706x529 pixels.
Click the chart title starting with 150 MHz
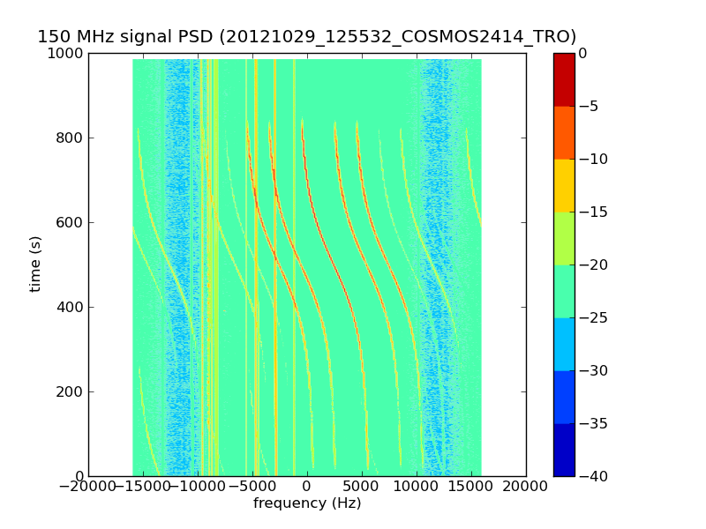pyautogui.click(x=306, y=36)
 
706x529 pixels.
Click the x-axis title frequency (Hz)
pyautogui.click(x=306, y=503)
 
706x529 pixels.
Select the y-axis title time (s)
pyautogui.click(x=35, y=264)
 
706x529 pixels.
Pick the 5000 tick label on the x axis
pyautogui.click(x=361, y=486)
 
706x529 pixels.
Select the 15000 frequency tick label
pyautogui.click(x=471, y=486)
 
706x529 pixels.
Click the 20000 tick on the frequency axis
pyautogui.click(x=526, y=486)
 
